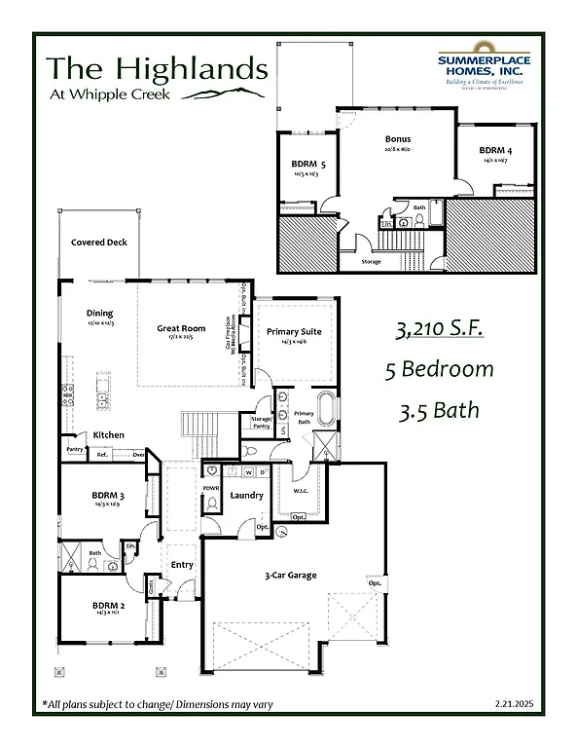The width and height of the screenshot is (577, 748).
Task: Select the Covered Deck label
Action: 99,243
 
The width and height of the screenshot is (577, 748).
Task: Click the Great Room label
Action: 182,329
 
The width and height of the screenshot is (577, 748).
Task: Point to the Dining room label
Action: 100,314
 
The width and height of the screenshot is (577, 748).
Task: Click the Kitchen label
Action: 108,434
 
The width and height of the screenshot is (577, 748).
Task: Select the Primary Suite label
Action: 294,332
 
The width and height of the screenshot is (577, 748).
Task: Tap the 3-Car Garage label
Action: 291,576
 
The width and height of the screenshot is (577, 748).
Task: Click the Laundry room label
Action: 247,495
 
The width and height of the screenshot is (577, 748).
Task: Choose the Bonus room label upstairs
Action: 397,139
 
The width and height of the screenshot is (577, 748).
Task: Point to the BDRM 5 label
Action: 308,165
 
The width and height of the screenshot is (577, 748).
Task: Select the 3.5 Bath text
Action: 438,409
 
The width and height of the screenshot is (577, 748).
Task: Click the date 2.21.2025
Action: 513,703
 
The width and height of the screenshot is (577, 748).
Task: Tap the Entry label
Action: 182,565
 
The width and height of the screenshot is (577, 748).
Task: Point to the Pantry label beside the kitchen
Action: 75,449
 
